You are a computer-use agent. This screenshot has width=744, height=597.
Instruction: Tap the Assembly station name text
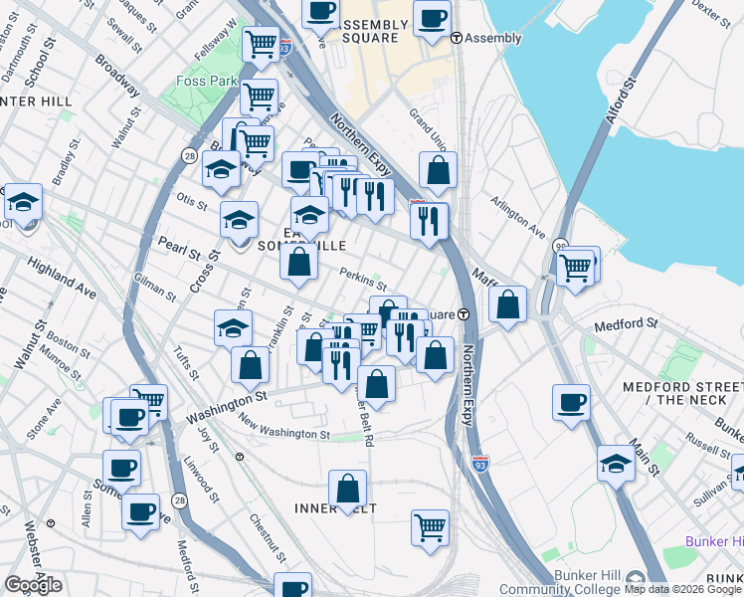tap(493, 39)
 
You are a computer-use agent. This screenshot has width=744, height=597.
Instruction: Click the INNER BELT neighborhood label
tap(333, 508)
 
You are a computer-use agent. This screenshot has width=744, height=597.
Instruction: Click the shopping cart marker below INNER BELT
tap(430, 526)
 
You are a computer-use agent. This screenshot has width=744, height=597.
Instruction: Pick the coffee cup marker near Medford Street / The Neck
tap(571, 402)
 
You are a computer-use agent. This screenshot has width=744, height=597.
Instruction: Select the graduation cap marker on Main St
tap(616, 463)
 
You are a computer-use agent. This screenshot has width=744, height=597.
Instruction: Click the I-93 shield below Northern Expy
tap(479, 463)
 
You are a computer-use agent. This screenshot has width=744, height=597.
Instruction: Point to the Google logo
tap(33, 585)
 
